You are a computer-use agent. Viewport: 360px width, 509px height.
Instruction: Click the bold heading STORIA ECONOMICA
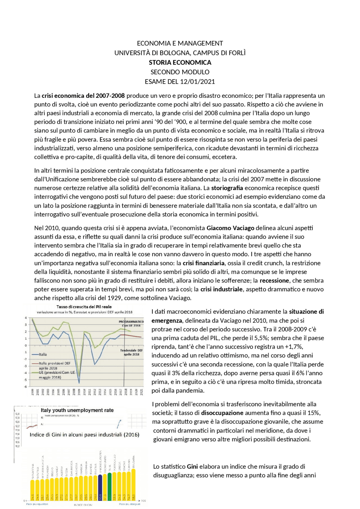(180, 62)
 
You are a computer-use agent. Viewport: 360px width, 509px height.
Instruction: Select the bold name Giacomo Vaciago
(230, 228)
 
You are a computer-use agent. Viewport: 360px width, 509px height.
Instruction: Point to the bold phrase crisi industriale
(221, 289)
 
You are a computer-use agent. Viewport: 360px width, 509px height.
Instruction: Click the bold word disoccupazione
(222, 413)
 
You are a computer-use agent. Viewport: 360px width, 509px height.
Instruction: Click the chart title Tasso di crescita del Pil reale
(84, 307)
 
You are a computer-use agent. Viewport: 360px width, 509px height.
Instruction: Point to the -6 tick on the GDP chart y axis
(26, 386)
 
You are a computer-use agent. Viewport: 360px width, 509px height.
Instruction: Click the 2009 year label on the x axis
(79, 392)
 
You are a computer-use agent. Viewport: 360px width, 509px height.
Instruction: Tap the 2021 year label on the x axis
(141, 392)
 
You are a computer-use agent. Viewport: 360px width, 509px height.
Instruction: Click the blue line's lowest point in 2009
(79, 383)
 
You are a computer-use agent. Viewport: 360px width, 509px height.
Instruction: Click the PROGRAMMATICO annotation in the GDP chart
(131, 322)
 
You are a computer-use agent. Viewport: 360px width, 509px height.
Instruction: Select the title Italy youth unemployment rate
(77, 410)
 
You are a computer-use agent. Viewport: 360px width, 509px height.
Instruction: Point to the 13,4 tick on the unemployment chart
(17, 414)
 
